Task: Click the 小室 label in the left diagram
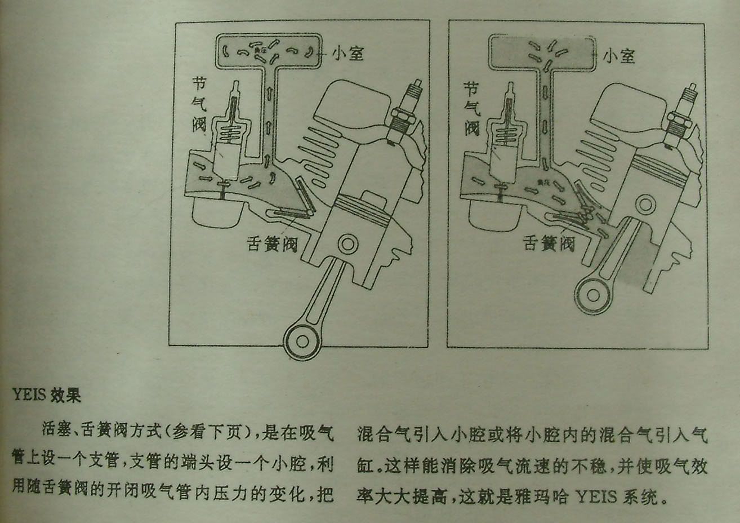(347, 54)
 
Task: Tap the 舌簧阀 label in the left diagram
(273, 243)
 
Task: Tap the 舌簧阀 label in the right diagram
(549, 243)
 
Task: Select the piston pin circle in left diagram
(347, 246)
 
